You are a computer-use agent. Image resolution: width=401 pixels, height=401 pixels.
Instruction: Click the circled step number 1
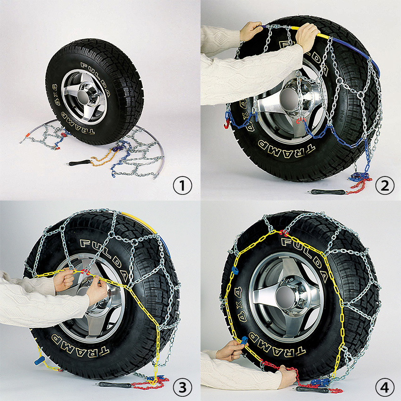183,186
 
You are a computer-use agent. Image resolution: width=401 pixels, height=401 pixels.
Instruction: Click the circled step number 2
385,186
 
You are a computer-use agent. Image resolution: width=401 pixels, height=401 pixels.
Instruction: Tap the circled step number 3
183,388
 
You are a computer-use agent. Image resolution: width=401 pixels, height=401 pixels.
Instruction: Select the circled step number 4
385,388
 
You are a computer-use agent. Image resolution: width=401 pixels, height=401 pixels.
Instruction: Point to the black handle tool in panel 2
326,192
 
